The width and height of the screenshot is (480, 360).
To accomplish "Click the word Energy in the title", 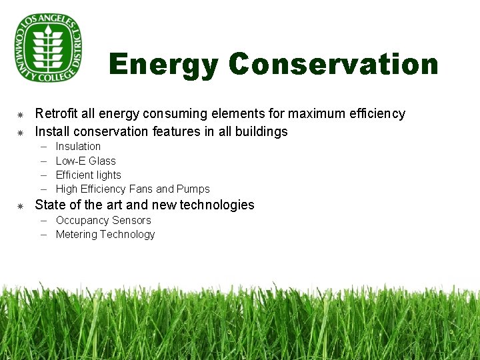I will click(x=163, y=65).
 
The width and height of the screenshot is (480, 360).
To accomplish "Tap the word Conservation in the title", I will click(x=333, y=65).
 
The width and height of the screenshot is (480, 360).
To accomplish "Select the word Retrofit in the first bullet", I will click(x=55, y=114).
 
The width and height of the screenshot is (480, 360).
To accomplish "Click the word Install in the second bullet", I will click(x=52, y=131).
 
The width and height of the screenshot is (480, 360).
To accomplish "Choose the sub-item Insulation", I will click(x=78, y=147).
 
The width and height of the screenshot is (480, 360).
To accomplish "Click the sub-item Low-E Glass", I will click(x=85, y=161).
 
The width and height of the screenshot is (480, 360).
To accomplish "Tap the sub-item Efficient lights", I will click(x=88, y=175).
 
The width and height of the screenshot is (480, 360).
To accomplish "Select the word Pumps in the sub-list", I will click(x=195, y=189).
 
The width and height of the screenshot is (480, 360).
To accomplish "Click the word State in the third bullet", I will click(x=50, y=205).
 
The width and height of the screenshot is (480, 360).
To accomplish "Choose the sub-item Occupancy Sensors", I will click(x=103, y=221).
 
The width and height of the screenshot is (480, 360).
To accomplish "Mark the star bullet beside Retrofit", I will click(x=20, y=115).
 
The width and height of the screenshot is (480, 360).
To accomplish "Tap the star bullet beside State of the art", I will click(x=20, y=205).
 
